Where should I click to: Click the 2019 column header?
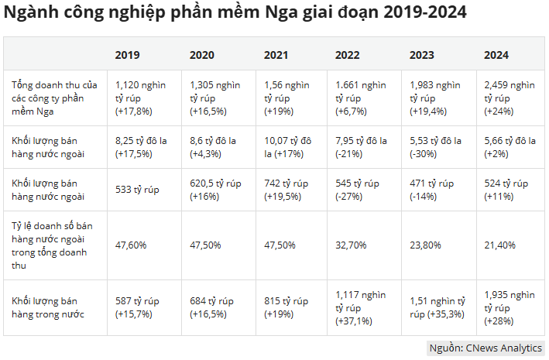click(x=127, y=55)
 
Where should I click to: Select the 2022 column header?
click(x=348, y=55)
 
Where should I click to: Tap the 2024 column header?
click(x=496, y=55)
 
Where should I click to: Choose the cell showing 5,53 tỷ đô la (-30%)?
click(x=437, y=146)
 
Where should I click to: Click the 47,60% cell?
click(x=130, y=245)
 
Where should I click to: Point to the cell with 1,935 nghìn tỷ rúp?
click(x=510, y=307)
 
